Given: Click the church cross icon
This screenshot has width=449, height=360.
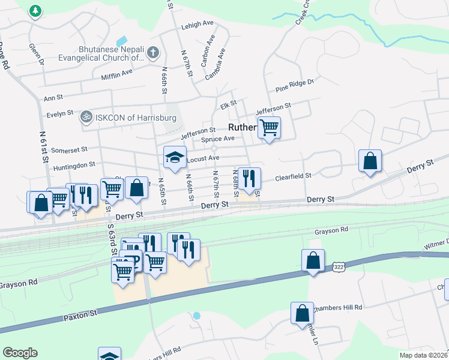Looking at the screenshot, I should (153, 53).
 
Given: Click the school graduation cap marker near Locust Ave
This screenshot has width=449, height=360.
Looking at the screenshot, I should (175, 158).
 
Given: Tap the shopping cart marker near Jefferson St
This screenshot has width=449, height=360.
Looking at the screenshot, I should (270, 128).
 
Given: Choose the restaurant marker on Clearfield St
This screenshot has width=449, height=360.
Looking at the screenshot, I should (249, 178).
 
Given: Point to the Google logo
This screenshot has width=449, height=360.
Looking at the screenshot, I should (20, 353).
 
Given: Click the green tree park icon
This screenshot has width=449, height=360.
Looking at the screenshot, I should (36, 10).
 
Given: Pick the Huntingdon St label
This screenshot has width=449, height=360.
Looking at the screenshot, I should (74, 164).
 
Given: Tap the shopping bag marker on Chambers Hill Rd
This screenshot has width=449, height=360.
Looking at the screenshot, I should (302, 312).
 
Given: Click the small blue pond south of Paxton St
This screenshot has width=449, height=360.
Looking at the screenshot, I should (197, 315).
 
